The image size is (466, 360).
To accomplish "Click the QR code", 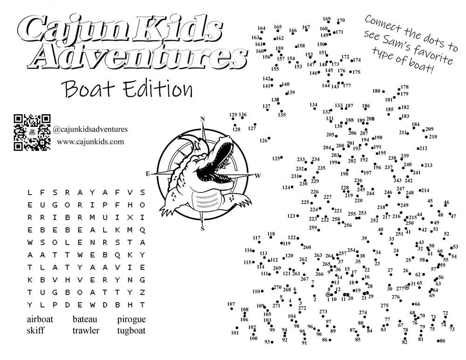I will click(32, 133).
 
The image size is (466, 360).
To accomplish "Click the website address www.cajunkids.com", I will click(91, 142).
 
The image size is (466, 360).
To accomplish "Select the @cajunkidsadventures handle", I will click(90, 129).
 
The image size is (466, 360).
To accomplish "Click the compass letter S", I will click(202, 229).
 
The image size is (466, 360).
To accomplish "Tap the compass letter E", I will click(148, 174).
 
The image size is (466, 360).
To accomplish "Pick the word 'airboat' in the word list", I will click(40, 319).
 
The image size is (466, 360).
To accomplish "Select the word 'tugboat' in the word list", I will click(131, 331).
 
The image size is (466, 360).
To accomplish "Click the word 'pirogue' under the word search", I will click(131, 319).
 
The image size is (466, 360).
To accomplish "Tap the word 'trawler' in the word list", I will click(86, 331).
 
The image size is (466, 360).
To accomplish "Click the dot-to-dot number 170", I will click(341, 20).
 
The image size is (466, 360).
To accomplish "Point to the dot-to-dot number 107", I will click(231, 304).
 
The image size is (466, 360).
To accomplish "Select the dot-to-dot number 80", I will click(442, 341).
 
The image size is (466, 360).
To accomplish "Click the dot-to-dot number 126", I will click(264, 140).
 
